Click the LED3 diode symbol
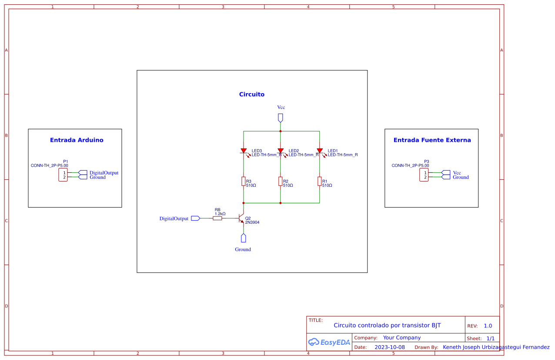tap(244, 151)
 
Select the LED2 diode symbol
tap(281, 151)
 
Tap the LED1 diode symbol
tap(320, 151)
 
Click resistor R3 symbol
tap(244, 182)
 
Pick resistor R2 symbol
tap(281, 182)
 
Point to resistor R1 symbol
tap(320, 182)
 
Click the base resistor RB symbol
tap(217, 218)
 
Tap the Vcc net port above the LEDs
tap(281, 118)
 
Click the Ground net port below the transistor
tap(244, 238)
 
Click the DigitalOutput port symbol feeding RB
tap(195, 218)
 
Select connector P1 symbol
tap(63, 175)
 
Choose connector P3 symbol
tap(424, 175)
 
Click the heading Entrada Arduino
tap(77, 140)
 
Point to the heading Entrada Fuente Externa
tap(432, 140)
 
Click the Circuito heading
tap(252, 94)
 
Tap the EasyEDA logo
tap(329, 342)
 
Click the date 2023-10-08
tap(390, 347)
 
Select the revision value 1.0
tap(488, 326)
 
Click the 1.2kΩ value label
tap(220, 214)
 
